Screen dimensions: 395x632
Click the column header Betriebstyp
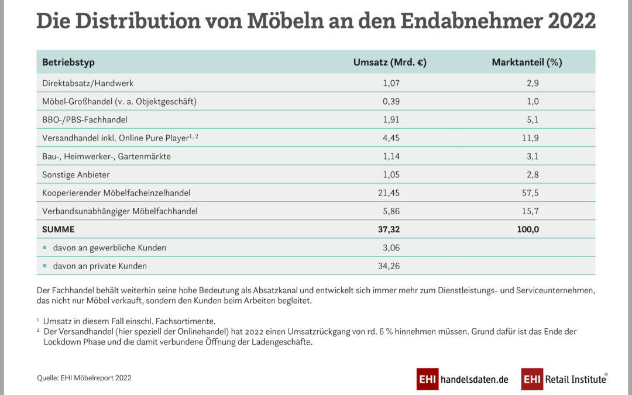coord(68,63)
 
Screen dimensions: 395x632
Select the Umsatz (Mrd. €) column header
coord(390,63)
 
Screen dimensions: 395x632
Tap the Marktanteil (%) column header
coord(527,63)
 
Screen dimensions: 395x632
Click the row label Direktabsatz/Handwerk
coord(88,83)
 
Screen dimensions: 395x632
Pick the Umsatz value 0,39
coord(391,101)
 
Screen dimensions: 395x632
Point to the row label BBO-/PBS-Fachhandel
coord(85,119)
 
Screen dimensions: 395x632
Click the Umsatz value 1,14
coord(391,156)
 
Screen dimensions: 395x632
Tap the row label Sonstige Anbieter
coord(76,174)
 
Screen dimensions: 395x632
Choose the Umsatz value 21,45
coord(389,193)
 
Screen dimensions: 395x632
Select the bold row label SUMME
coord(59,229)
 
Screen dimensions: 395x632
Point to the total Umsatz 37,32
coord(389,229)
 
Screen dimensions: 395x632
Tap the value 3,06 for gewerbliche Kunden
coord(391,248)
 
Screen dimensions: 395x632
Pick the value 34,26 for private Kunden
coord(389,266)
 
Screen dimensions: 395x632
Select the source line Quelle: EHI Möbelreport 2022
coord(84,378)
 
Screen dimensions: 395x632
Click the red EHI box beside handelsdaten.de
coord(427,379)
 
